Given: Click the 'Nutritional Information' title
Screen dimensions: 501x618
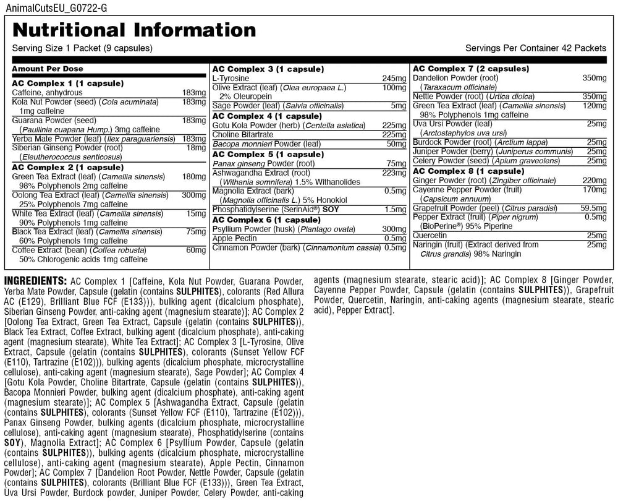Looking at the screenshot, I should tap(134, 30).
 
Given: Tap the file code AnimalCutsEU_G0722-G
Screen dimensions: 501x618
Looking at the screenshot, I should tap(49, 7).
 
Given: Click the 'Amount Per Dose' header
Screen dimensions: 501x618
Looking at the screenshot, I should tap(48, 69).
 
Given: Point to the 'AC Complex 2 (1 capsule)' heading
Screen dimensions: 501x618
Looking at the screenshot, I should tap(67, 167).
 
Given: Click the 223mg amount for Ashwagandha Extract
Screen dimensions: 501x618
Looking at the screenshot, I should tap(394, 173).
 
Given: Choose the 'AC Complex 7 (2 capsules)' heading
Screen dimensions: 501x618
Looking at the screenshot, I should tap(471, 69).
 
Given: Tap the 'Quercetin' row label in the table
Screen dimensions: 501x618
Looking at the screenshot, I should tap(430, 236).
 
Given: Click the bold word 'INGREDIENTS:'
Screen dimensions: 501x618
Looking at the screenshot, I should tap(36, 279).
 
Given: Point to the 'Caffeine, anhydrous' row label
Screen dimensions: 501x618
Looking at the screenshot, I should tap(47, 92).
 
